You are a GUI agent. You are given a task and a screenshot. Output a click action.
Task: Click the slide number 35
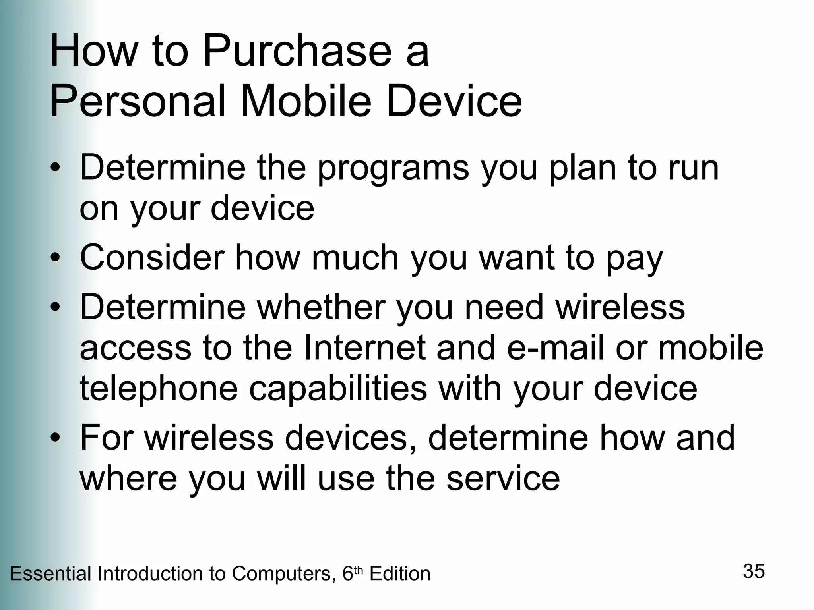tap(754, 571)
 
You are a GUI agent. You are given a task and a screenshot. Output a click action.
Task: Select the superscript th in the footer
tap(358, 571)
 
